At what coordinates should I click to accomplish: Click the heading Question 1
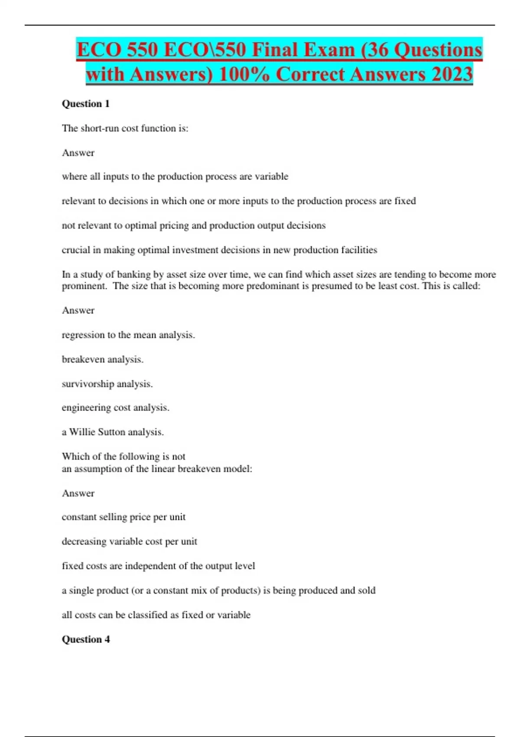(x=86, y=104)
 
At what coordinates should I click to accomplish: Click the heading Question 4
(x=86, y=639)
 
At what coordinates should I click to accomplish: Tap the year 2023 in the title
(x=451, y=74)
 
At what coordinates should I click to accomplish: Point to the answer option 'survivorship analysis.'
(x=107, y=384)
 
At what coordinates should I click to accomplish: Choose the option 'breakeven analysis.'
(x=102, y=359)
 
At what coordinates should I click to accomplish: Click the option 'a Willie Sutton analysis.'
(x=113, y=432)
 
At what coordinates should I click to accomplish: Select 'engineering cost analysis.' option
(x=115, y=408)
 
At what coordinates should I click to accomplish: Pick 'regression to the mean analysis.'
(x=128, y=335)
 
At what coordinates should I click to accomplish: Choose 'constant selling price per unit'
(x=123, y=517)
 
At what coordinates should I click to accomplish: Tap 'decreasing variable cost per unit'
(x=129, y=541)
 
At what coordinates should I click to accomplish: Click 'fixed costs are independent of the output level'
(x=158, y=566)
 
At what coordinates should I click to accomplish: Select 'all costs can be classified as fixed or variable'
(x=156, y=615)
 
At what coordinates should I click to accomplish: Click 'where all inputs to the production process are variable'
(x=175, y=176)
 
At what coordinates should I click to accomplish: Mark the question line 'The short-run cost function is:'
(x=125, y=128)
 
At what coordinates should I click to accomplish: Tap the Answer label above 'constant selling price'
(x=78, y=493)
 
